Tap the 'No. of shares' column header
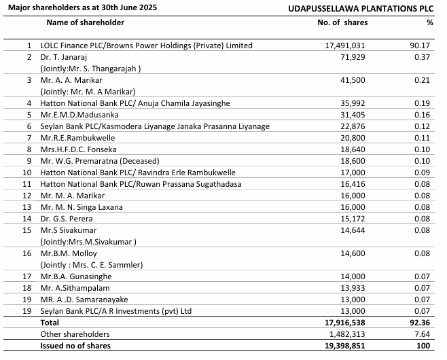pyautogui.click(x=342, y=22)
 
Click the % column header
pyautogui.click(x=429, y=22)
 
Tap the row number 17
pyautogui.click(x=29, y=276)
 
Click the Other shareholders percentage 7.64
pyautogui.click(x=425, y=334)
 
